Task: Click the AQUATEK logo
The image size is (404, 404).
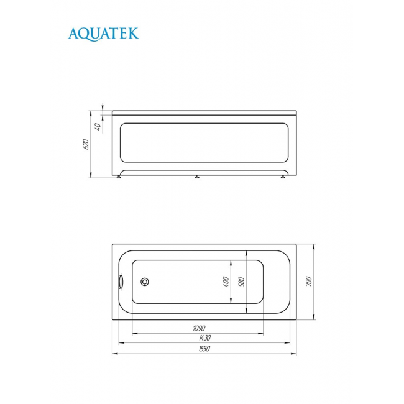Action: click(x=103, y=34)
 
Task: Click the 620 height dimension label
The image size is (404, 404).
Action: click(x=86, y=144)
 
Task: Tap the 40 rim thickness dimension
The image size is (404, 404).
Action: click(x=98, y=127)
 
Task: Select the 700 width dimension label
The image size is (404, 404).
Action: click(x=309, y=282)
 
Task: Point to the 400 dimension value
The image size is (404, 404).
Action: click(x=226, y=282)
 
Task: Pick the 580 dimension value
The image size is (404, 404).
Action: click(x=241, y=282)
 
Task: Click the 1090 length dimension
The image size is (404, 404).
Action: click(x=199, y=328)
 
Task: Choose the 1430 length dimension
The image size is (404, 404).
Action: click(x=205, y=337)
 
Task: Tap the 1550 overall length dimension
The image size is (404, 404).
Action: click(x=204, y=349)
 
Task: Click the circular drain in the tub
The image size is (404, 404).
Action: click(x=145, y=282)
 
